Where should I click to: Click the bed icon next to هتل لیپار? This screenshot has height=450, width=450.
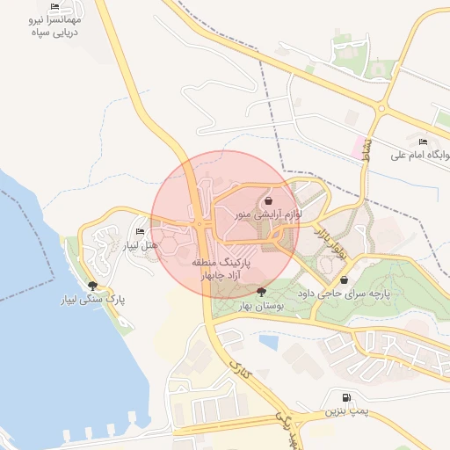pos(140,231)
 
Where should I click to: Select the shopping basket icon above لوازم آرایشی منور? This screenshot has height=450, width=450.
pos(268,201)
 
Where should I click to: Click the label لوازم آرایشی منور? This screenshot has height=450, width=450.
pos(268,214)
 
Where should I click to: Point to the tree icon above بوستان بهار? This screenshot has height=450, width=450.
pos(261,291)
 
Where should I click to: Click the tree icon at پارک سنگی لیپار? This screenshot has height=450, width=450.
pos(92,286)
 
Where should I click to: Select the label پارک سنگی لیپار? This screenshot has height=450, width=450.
pos(92,300)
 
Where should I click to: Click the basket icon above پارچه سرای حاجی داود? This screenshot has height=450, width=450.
pos(344,280)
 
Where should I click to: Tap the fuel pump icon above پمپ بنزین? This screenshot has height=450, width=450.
pos(344,398)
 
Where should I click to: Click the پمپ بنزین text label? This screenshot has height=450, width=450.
pos(344,410)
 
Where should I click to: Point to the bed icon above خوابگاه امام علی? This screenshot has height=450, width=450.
pos(423,142)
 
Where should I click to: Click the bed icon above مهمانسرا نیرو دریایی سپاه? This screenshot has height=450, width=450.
pos(54,7)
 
